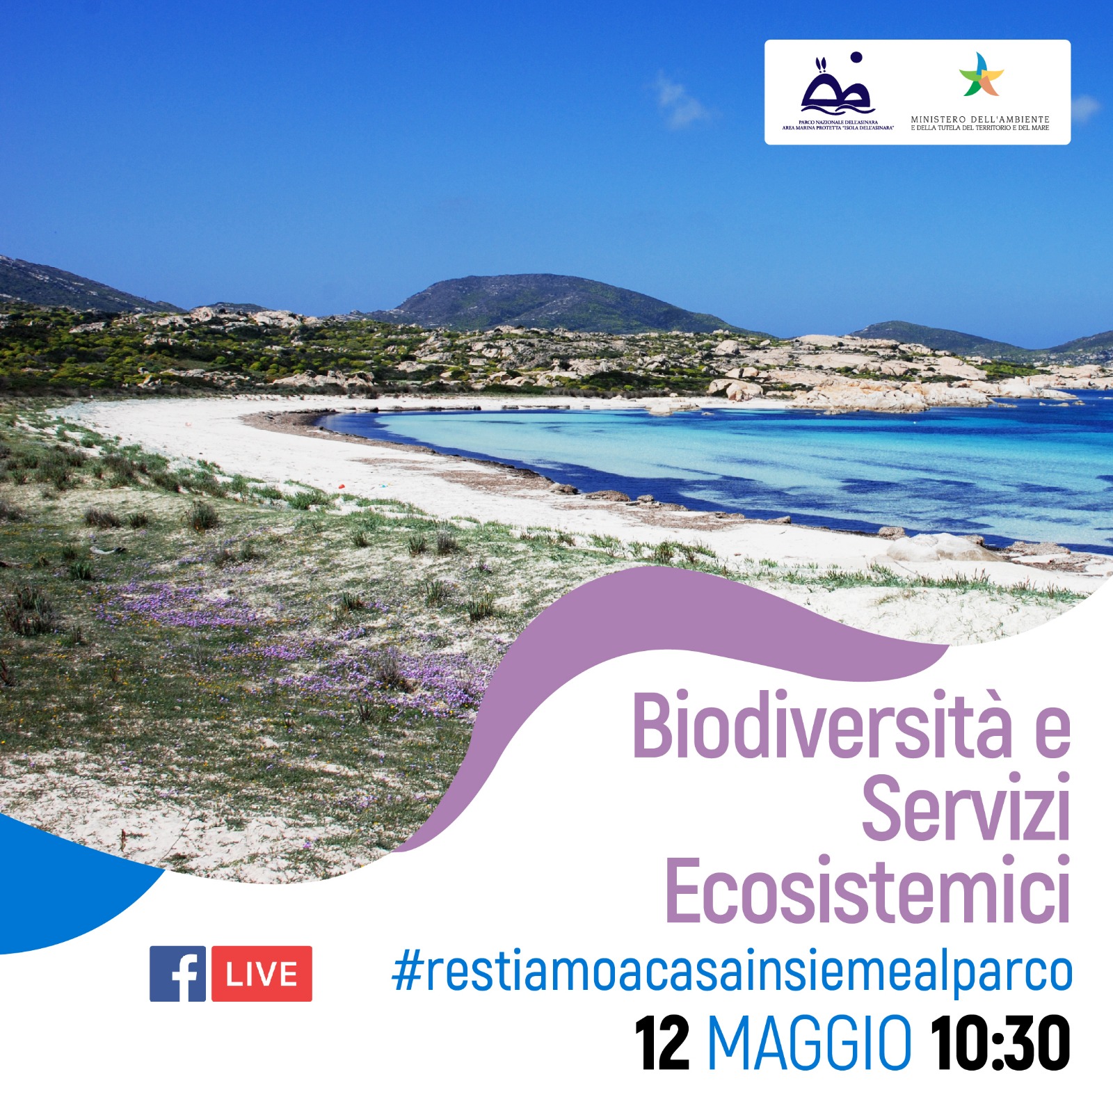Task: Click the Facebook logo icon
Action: coord(177,973)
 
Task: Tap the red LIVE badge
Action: coord(262,973)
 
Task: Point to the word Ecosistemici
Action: coord(867,890)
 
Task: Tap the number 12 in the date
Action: coord(662,1043)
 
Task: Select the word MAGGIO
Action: coord(809,1043)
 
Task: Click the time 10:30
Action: coord(1000,1043)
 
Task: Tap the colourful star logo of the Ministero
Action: coord(981,74)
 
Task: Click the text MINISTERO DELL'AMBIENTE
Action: coord(980,120)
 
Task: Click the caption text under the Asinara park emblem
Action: coord(838,125)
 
